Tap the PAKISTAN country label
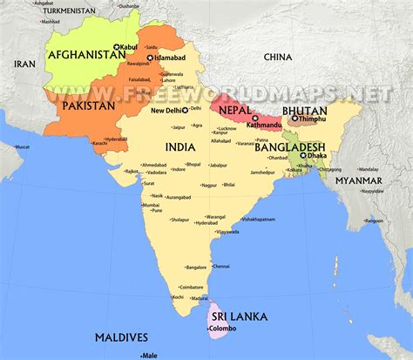88,105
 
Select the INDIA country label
180,148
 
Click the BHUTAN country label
304,111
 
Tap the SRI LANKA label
235,316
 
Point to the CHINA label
279,57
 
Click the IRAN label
24,64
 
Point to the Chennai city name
221,266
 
